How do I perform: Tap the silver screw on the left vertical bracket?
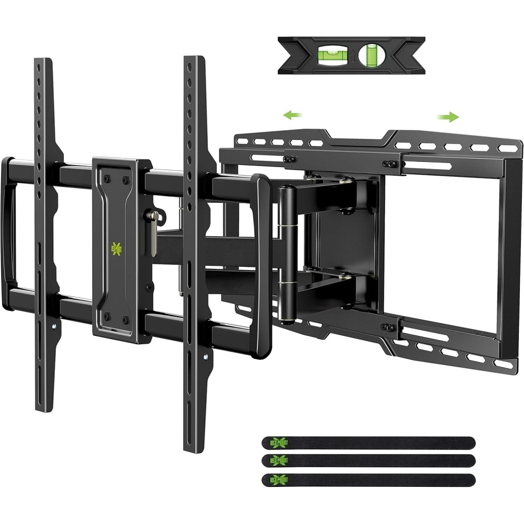click(53, 326)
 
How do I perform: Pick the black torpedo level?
click(351, 54)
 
